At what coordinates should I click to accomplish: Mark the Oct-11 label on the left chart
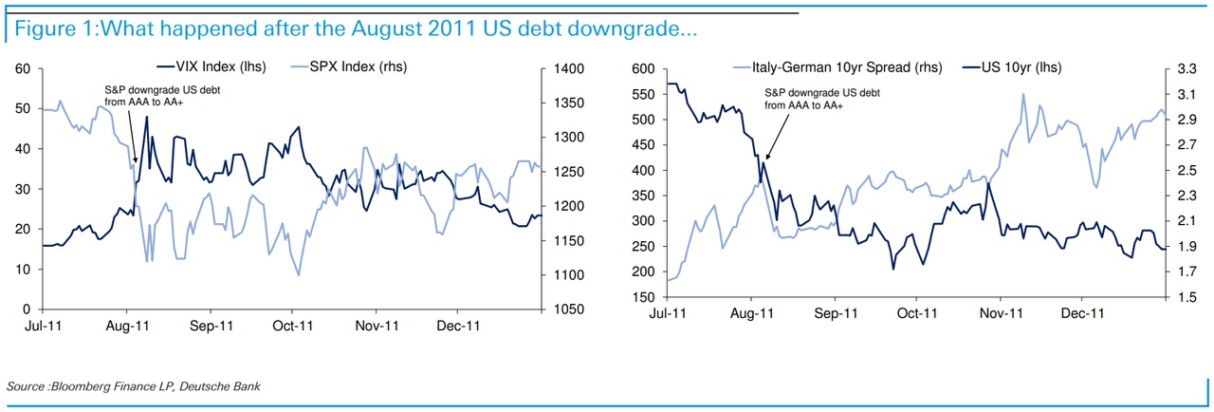(x=293, y=325)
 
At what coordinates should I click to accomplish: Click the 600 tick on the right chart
(x=642, y=69)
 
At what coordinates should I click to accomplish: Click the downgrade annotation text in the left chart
(x=143, y=95)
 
